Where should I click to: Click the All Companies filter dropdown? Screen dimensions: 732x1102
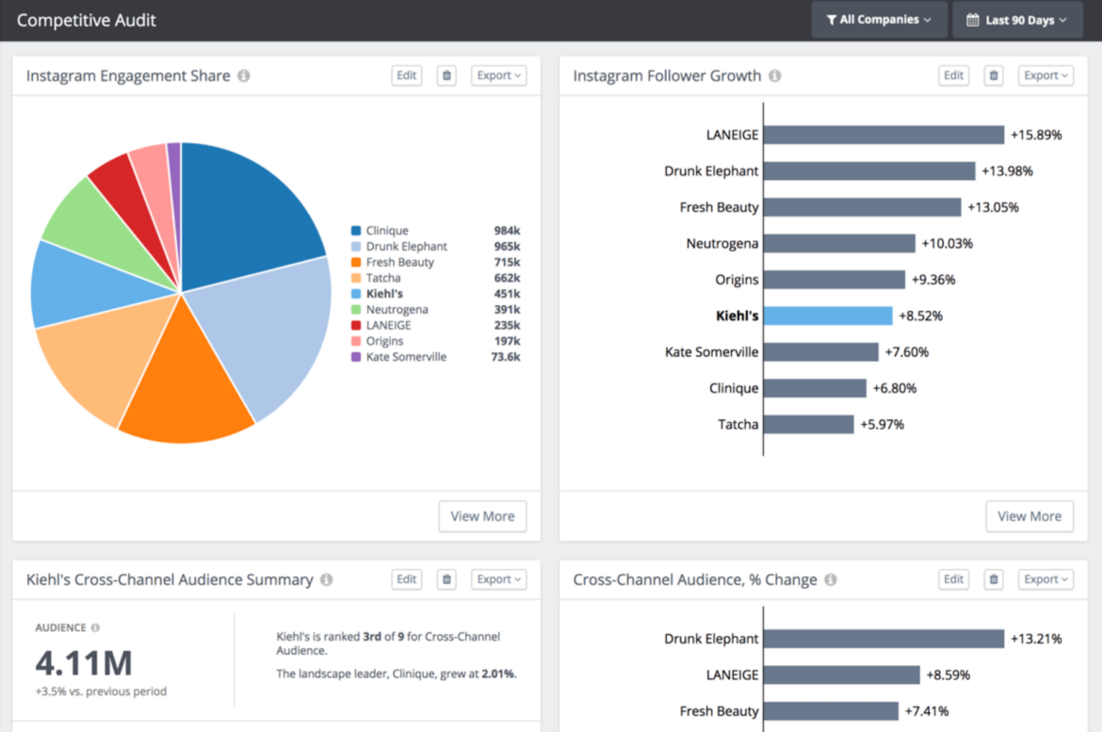879,20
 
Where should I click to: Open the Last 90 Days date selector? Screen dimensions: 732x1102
1017,20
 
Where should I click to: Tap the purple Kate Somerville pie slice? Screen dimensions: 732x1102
174,188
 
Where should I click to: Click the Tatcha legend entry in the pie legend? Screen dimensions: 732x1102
382,278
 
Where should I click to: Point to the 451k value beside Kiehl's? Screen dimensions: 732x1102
507,294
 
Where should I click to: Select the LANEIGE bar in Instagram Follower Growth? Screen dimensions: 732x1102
883,135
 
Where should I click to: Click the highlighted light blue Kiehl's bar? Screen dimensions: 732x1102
827,316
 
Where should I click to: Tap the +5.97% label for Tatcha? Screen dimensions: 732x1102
882,425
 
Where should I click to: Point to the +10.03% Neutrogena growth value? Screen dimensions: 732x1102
947,244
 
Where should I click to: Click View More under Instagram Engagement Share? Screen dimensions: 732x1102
482,516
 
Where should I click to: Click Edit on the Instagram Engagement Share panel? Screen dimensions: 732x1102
406,75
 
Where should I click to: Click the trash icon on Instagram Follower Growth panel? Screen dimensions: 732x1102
994,75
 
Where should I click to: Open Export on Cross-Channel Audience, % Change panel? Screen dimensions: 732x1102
1045,579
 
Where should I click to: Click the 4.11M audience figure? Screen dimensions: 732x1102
84,664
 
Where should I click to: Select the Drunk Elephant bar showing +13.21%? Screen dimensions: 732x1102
883,639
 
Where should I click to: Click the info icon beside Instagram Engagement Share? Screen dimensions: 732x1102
244,76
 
